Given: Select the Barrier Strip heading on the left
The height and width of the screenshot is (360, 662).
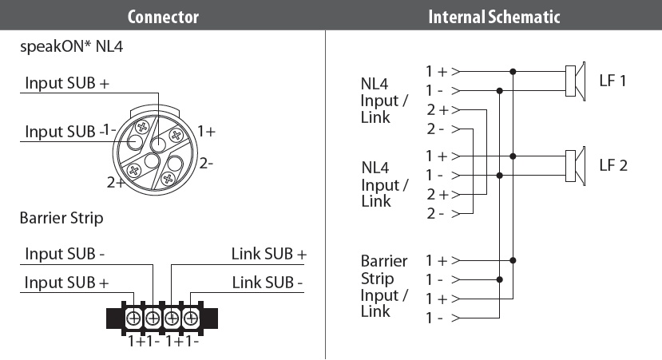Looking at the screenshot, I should (61, 217).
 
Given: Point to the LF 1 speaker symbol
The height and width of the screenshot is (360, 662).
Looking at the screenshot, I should (574, 81).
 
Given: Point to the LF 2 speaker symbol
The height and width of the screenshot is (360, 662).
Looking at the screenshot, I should (574, 165).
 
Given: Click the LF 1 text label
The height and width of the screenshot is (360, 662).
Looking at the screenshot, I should (613, 81).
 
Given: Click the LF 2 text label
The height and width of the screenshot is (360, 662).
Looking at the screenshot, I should (613, 165).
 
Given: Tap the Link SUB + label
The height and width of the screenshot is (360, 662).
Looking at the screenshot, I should (268, 255).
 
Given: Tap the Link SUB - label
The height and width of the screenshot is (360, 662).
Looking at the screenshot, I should (268, 283).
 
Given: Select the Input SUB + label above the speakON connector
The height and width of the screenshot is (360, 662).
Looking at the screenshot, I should (67, 83).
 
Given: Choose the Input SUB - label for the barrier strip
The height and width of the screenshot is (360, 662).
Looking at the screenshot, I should (66, 255).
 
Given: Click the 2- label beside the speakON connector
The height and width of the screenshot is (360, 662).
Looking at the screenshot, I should (206, 164).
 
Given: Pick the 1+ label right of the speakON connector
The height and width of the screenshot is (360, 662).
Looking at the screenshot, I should (206, 131).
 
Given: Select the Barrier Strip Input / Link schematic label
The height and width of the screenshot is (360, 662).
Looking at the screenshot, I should (384, 286).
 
